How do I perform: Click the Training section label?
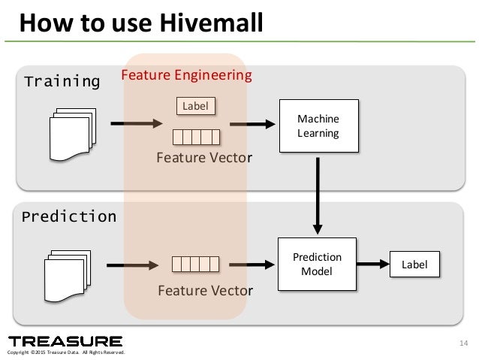tap(62, 81)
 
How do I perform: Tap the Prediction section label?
tap(69, 217)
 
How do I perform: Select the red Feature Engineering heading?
tap(186, 75)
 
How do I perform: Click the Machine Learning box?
tap(318, 126)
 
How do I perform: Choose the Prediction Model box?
tap(317, 264)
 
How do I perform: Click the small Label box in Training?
tap(195, 106)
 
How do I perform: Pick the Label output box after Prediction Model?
tap(414, 265)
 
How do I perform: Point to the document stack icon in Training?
tap(72, 134)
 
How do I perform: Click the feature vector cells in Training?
tap(196, 137)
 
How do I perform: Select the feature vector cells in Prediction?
tap(196, 264)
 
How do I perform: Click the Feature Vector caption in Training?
tap(204, 158)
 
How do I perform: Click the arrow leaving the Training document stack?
tap(136, 124)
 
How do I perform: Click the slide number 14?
tap(462, 344)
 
